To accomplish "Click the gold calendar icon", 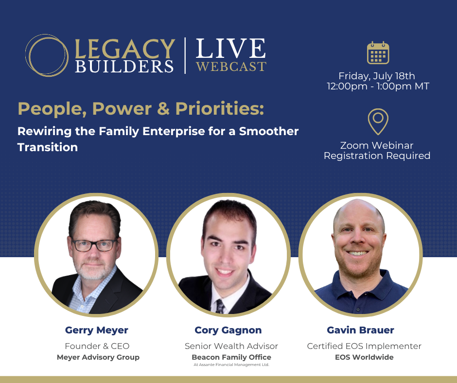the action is (378, 53).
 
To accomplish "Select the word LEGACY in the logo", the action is (125, 49).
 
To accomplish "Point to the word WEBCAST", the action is (231, 67).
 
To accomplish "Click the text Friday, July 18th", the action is (377, 76).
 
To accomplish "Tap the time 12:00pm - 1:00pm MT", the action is (378, 87).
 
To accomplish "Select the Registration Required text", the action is (377, 156).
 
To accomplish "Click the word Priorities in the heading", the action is (219, 108).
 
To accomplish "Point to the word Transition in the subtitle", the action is (48, 147).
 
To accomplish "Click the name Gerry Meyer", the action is (96, 330).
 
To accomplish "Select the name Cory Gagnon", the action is (228, 330).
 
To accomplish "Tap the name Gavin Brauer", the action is (360, 330).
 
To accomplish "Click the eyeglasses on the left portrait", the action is (94, 245).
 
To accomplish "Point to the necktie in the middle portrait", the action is (220, 307).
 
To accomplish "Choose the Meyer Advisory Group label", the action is (98, 357).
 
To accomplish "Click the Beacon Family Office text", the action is (231, 357).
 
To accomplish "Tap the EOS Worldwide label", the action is (364, 357).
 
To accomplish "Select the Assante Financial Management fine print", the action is (231, 365).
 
